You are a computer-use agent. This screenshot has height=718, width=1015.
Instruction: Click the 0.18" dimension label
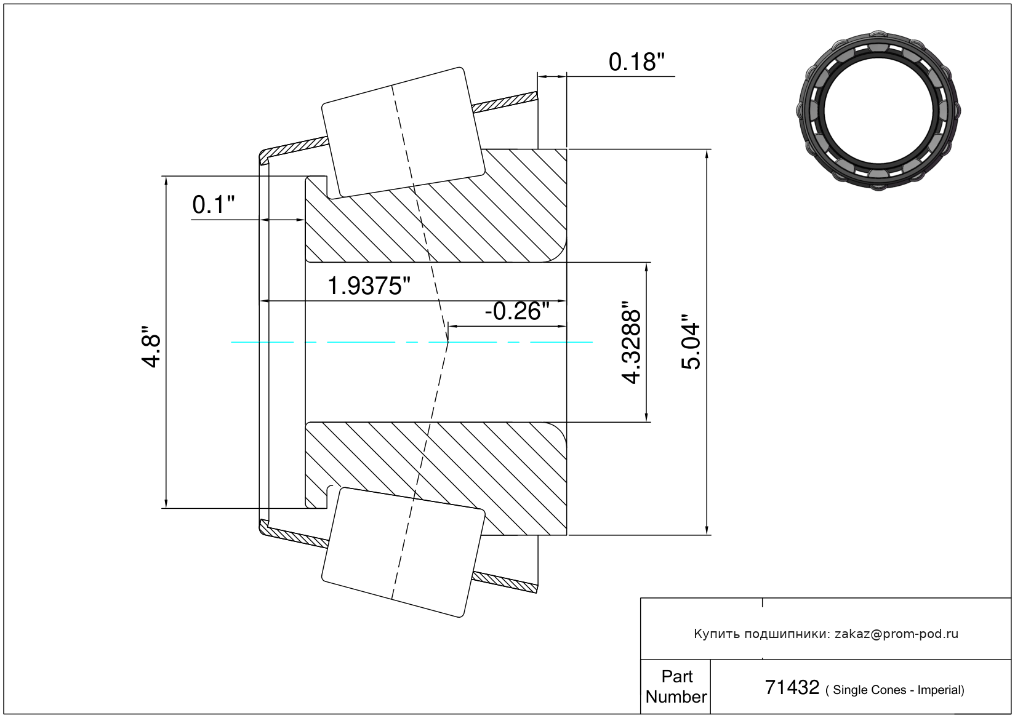coord(636,62)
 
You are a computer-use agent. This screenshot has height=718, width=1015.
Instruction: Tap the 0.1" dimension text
coord(214,205)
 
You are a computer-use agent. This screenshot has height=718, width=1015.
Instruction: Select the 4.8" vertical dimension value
coord(151,346)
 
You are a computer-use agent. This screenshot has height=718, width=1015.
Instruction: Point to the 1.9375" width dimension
coord(369,286)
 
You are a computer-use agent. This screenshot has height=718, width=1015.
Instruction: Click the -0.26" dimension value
coord(517,311)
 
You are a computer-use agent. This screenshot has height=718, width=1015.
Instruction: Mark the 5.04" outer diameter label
coord(691,342)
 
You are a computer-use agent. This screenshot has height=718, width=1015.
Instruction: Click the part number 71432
coord(792,687)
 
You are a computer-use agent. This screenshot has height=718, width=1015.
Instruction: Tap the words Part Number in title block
coord(676,686)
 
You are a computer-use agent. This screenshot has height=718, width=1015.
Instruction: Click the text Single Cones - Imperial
coord(896,690)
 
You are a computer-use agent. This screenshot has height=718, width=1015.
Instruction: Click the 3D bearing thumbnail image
coord(878,111)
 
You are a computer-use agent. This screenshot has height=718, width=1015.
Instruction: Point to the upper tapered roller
coord(403,133)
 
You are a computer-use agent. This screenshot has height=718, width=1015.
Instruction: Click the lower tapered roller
coord(403,552)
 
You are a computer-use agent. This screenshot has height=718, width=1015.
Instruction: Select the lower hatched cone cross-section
coord(436,479)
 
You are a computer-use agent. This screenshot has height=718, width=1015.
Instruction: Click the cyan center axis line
coord(412,342)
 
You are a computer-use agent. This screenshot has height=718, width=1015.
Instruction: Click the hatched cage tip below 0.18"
coord(505,102)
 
